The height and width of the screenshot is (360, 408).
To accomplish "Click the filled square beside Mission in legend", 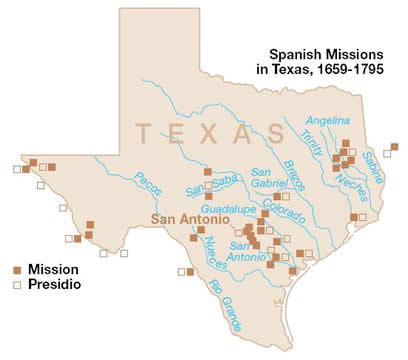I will click(17, 269).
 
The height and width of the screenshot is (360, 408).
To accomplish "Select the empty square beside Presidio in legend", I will click(17, 285).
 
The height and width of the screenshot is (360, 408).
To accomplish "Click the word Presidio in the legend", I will click(54, 285).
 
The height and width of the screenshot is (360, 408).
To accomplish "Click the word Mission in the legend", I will click(52, 269).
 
